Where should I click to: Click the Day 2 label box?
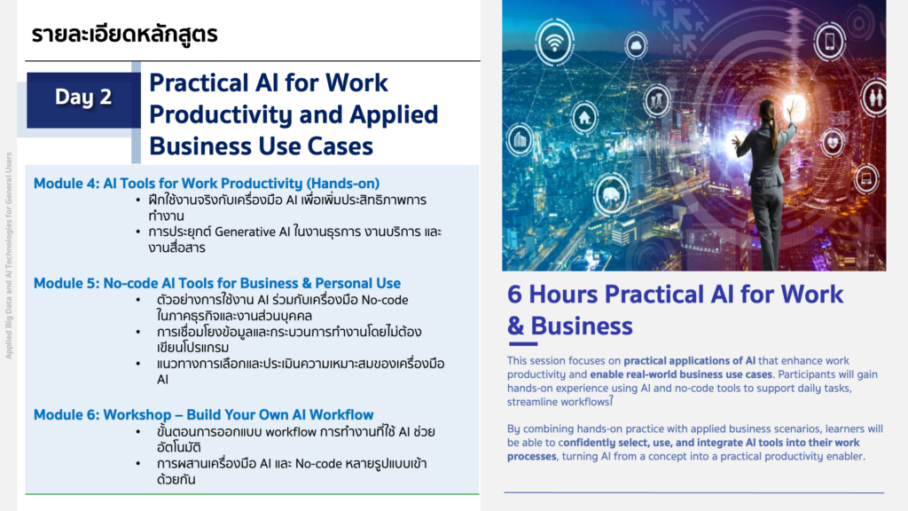tap(83, 99)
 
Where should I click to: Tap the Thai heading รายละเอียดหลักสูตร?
tap(124, 35)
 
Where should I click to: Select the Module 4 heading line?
tap(206, 183)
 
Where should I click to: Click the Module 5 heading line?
tap(217, 283)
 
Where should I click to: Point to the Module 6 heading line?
tap(203, 415)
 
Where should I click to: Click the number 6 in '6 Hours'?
tap(515, 295)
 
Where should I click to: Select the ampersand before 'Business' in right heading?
tap(515, 326)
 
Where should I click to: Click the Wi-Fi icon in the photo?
tap(554, 42)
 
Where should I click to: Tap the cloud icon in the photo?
tap(636, 45)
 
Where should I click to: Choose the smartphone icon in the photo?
tap(830, 41)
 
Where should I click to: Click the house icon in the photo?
tap(584, 118)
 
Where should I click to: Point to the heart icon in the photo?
tap(833, 142)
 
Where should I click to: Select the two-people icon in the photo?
tap(875, 97)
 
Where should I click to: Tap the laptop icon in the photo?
tap(865, 178)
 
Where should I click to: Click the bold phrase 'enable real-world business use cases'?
tap(681, 374)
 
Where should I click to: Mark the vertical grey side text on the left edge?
tap(9, 255)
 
